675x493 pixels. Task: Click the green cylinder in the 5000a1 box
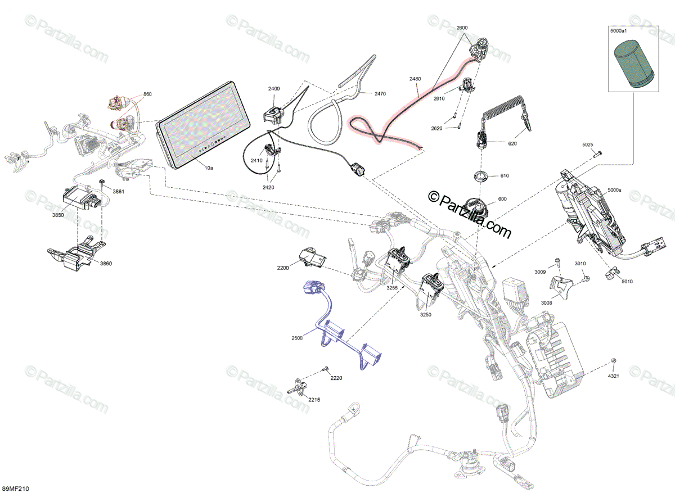point(633,65)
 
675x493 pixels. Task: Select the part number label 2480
point(415,79)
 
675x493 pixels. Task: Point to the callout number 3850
point(58,215)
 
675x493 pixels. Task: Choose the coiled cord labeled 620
point(504,114)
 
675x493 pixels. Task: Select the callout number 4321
point(613,376)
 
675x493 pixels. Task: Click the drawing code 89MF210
point(15,489)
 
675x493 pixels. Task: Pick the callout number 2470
point(380,94)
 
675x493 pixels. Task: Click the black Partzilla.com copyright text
point(469,215)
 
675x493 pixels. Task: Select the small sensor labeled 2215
point(297,386)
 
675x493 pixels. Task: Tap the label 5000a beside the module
point(614,190)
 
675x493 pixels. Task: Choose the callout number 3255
point(392,288)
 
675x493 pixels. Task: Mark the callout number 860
point(147,94)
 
